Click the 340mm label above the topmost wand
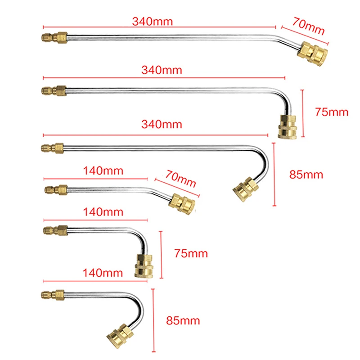[153, 21]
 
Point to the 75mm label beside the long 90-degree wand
[332, 112]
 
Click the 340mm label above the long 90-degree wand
[162, 70]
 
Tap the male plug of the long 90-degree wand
[54, 90]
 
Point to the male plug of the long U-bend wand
[53, 147]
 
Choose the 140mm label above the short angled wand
[103, 171]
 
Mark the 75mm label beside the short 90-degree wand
[191, 253]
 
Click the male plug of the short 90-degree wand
[56, 230]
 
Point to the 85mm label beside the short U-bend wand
[183, 321]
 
